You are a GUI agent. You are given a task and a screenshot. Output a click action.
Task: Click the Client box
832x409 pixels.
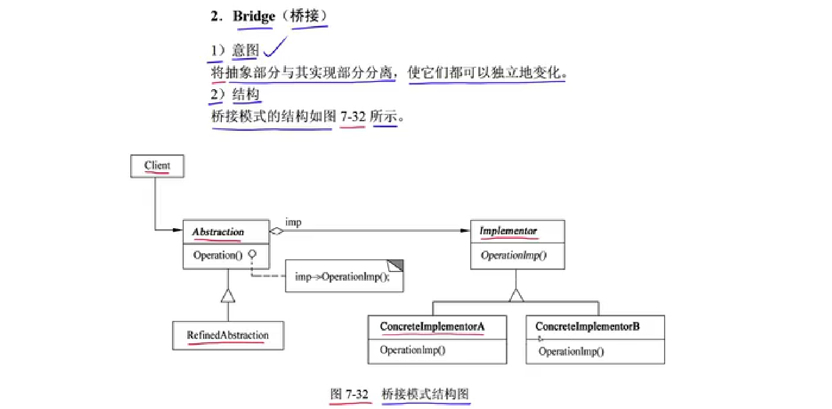tap(157, 166)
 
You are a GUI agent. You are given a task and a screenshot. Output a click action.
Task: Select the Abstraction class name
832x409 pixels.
tap(218, 232)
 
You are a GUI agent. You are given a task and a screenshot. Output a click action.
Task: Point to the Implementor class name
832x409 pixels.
tap(508, 231)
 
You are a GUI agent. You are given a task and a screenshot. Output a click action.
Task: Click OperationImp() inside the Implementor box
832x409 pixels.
tap(513, 255)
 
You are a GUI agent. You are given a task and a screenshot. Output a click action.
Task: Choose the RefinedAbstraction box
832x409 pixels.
tap(227, 335)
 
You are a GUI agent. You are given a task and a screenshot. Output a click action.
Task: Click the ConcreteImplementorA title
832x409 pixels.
tap(432, 326)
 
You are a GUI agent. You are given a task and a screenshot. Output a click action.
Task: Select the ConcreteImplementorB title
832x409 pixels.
tap(587, 326)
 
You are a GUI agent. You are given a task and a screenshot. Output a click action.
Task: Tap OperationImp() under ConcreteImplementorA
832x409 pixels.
tap(413, 350)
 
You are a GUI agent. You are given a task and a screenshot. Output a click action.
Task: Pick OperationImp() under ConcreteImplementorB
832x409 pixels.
tap(571, 351)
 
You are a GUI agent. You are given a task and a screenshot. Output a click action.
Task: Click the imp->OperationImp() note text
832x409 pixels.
tap(342, 277)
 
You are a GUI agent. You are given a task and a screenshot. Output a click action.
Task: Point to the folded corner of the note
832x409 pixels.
tap(396, 265)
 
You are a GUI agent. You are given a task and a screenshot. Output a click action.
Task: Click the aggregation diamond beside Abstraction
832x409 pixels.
tap(276, 231)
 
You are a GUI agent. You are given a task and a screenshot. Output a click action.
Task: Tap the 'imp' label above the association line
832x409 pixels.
tap(293, 222)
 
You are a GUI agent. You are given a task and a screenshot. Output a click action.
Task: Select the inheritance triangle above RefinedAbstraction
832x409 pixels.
tap(228, 295)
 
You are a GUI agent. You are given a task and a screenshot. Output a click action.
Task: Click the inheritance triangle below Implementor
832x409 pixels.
tap(516, 295)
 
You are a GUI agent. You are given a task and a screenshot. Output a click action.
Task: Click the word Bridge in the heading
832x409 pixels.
tap(253, 16)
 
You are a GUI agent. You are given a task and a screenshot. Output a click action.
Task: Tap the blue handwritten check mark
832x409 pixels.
tap(275, 48)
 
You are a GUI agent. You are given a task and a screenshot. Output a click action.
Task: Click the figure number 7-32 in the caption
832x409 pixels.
tap(357, 394)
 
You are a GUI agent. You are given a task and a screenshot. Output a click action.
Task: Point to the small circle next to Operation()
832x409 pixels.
tap(252, 253)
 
